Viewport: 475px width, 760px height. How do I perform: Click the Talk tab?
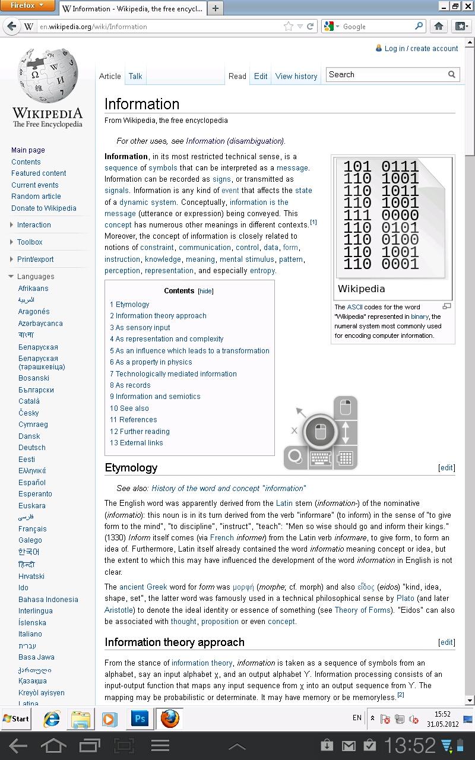coord(135,76)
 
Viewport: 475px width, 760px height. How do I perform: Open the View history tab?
coord(296,76)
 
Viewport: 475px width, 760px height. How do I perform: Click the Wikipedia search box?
coord(386,74)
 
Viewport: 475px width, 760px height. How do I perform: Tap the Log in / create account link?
coord(422,49)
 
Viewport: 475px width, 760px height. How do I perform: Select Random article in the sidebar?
coord(36,197)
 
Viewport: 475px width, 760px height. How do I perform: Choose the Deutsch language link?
coord(32,448)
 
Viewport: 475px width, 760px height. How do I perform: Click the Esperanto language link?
coord(35,494)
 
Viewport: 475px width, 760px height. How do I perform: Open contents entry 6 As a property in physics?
coord(151,362)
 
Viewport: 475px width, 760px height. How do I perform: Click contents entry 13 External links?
coord(136,443)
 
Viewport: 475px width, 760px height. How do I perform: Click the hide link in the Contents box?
coord(205,291)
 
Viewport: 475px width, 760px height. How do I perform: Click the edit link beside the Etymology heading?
coord(446,468)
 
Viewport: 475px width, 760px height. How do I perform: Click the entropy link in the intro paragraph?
coord(262,271)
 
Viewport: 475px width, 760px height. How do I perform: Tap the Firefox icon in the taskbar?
coord(170,718)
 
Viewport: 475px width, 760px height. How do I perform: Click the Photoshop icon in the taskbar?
coord(140,718)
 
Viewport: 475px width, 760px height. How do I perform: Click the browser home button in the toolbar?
coord(439,26)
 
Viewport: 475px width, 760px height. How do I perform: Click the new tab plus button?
coord(215,8)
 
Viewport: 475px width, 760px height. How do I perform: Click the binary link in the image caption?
coord(419,316)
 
